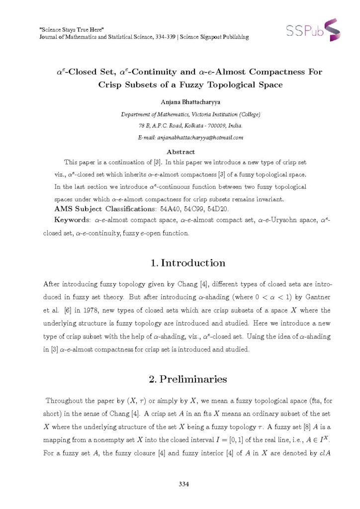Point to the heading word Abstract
click(x=180, y=152)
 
